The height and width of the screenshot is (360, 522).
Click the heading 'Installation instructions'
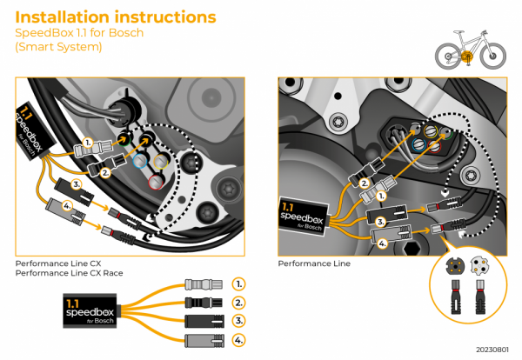[117, 17]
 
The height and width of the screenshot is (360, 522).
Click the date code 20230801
[492, 349]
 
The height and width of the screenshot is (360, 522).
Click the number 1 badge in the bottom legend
[240, 284]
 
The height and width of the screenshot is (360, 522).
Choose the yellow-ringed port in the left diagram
[159, 162]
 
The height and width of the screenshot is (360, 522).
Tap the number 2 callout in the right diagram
[364, 183]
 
